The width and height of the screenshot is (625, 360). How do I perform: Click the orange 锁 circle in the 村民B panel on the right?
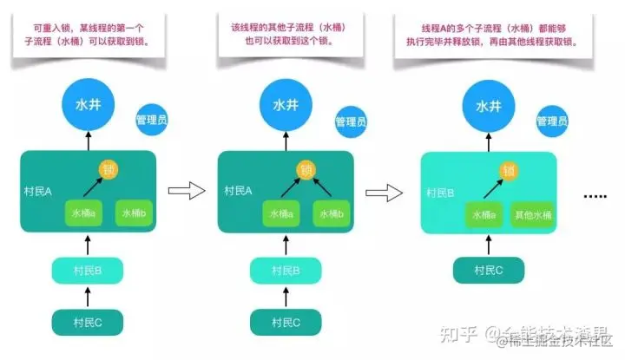(x=507, y=170)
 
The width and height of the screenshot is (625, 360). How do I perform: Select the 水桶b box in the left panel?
(x=135, y=213)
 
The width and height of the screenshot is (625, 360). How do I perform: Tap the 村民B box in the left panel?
(x=87, y=271)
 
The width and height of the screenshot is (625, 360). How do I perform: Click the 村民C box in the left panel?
(x=87, y=322)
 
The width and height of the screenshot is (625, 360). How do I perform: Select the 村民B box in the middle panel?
(x=286, y=271)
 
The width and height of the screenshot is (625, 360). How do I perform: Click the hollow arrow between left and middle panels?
(x=185, y=190)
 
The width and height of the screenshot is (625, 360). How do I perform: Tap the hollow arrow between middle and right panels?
(x=384, y=190)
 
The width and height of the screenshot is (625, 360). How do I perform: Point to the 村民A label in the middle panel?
(x=238, y=191)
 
